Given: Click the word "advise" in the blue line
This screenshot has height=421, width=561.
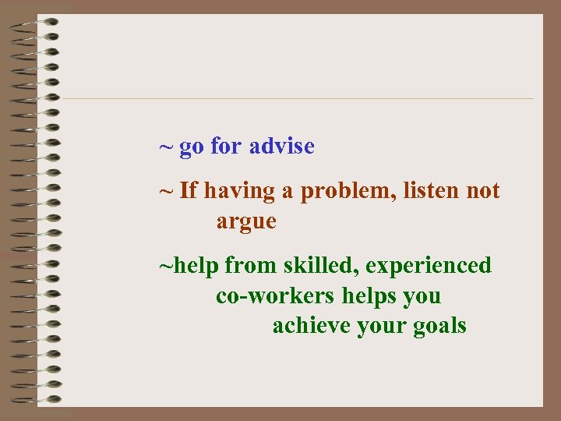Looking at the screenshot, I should click(x=282, y=147).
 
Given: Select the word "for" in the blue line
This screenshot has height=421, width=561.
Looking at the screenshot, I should click(x=226, y=147).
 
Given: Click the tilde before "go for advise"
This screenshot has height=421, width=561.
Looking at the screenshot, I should click(x=166, y=147).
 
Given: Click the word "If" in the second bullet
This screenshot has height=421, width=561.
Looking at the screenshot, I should click(x=188, y=191).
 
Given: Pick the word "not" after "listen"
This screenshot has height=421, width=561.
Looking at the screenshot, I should click(x=483, y=191).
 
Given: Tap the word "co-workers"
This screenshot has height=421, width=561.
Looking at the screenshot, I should click(x=275, y=296).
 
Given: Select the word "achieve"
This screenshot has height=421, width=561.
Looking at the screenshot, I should click(x=311, y=326).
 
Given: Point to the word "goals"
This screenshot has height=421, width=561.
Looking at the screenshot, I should click(x=439, y=327).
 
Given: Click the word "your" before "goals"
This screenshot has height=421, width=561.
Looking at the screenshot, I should click(x=382, y=327).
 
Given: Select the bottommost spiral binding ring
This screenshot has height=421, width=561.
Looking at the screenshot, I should click(x=35, y=398).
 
